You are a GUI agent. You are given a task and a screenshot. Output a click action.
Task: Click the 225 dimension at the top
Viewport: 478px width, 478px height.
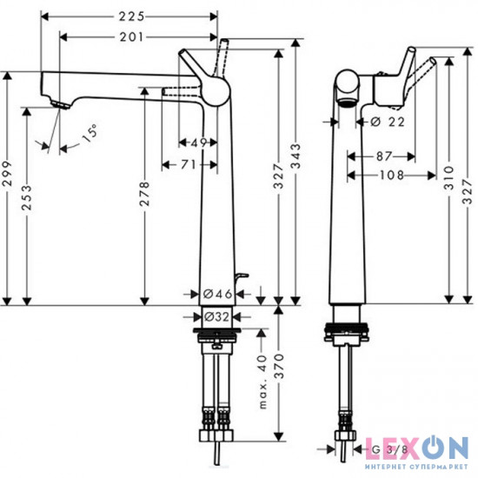(131, 17)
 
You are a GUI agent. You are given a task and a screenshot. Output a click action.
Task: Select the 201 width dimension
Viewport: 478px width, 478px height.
(131, 37)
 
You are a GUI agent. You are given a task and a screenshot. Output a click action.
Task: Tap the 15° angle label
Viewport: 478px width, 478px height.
(90, 134)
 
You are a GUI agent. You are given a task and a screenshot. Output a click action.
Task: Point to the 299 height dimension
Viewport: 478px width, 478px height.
(7, 174)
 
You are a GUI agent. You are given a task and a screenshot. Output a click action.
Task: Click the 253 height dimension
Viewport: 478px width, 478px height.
(27, 197)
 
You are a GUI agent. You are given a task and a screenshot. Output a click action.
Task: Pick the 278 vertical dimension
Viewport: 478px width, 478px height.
(145, 194)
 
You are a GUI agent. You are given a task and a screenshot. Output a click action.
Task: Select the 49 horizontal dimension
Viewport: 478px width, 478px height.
(199, 143)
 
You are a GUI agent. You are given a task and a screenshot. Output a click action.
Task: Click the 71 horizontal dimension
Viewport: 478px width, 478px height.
(189, 164)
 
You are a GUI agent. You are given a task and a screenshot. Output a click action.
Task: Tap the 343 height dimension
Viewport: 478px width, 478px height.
(295, 156)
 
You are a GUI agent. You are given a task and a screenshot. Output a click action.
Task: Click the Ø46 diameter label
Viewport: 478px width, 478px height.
(217, 294)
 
